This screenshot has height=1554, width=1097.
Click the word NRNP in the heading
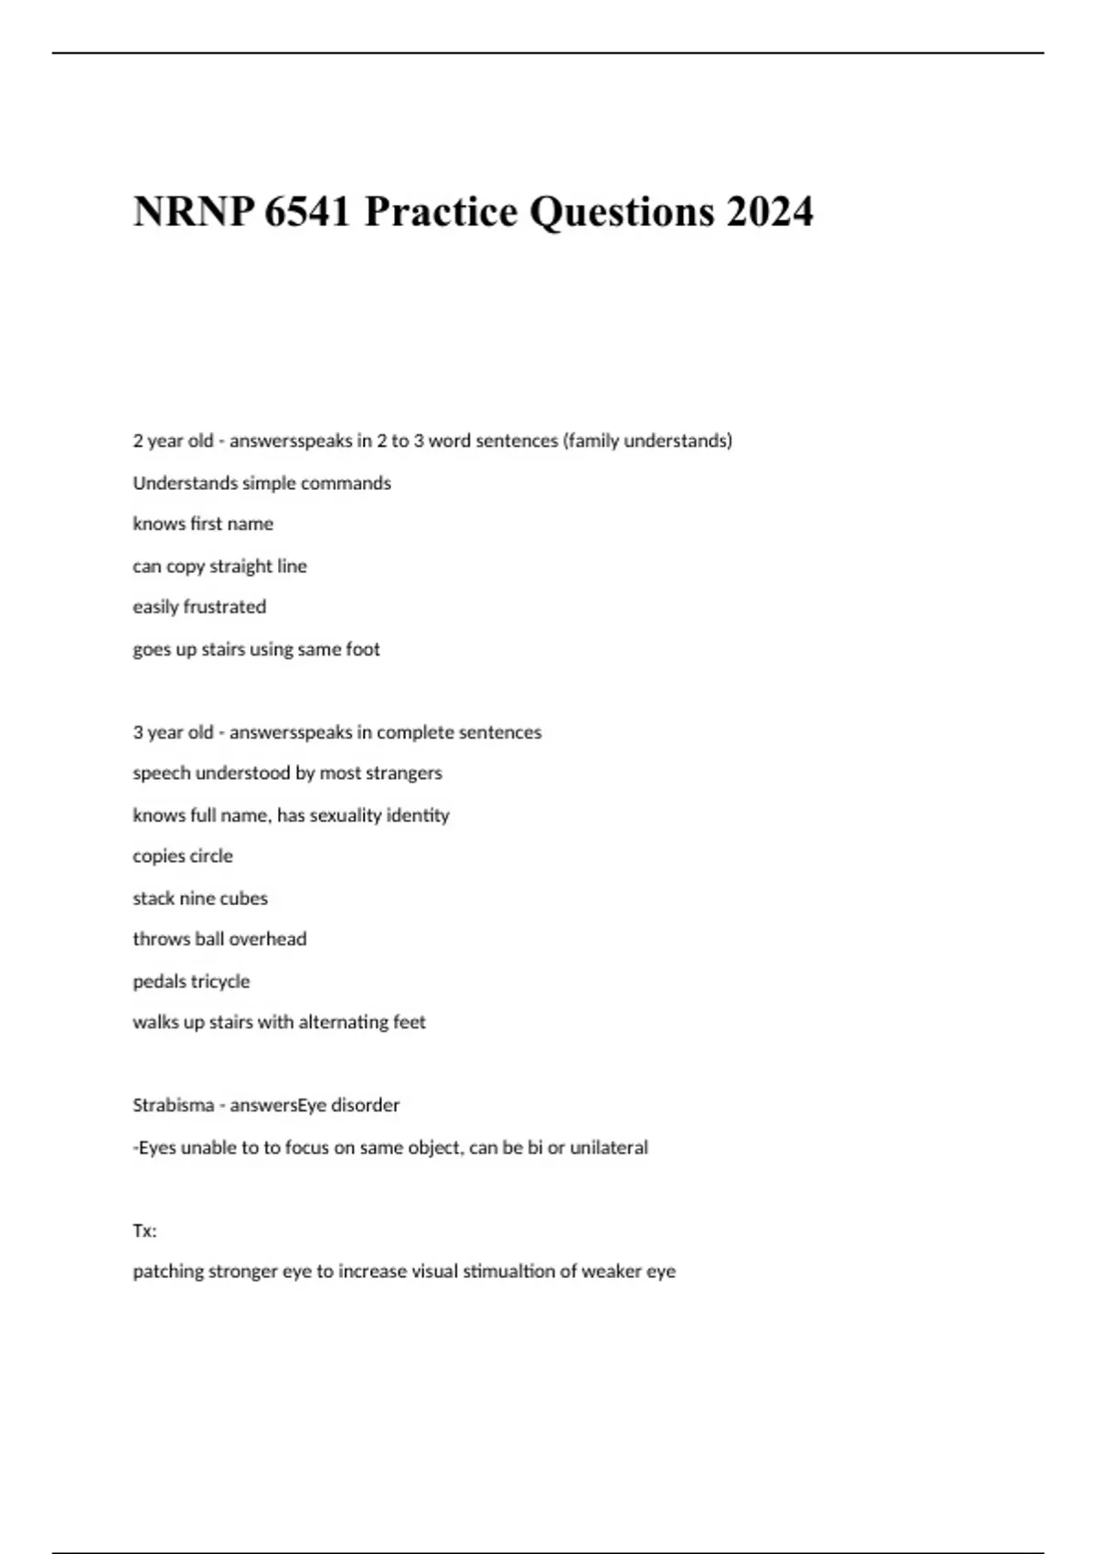[191, 212]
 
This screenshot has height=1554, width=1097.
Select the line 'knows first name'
[203, 524]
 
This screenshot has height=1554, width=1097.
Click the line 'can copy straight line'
[219, 566]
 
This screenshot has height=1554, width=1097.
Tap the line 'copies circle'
[183, 857]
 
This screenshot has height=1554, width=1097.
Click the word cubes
[244, 899]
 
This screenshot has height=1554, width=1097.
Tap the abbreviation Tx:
[144, 1230]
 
